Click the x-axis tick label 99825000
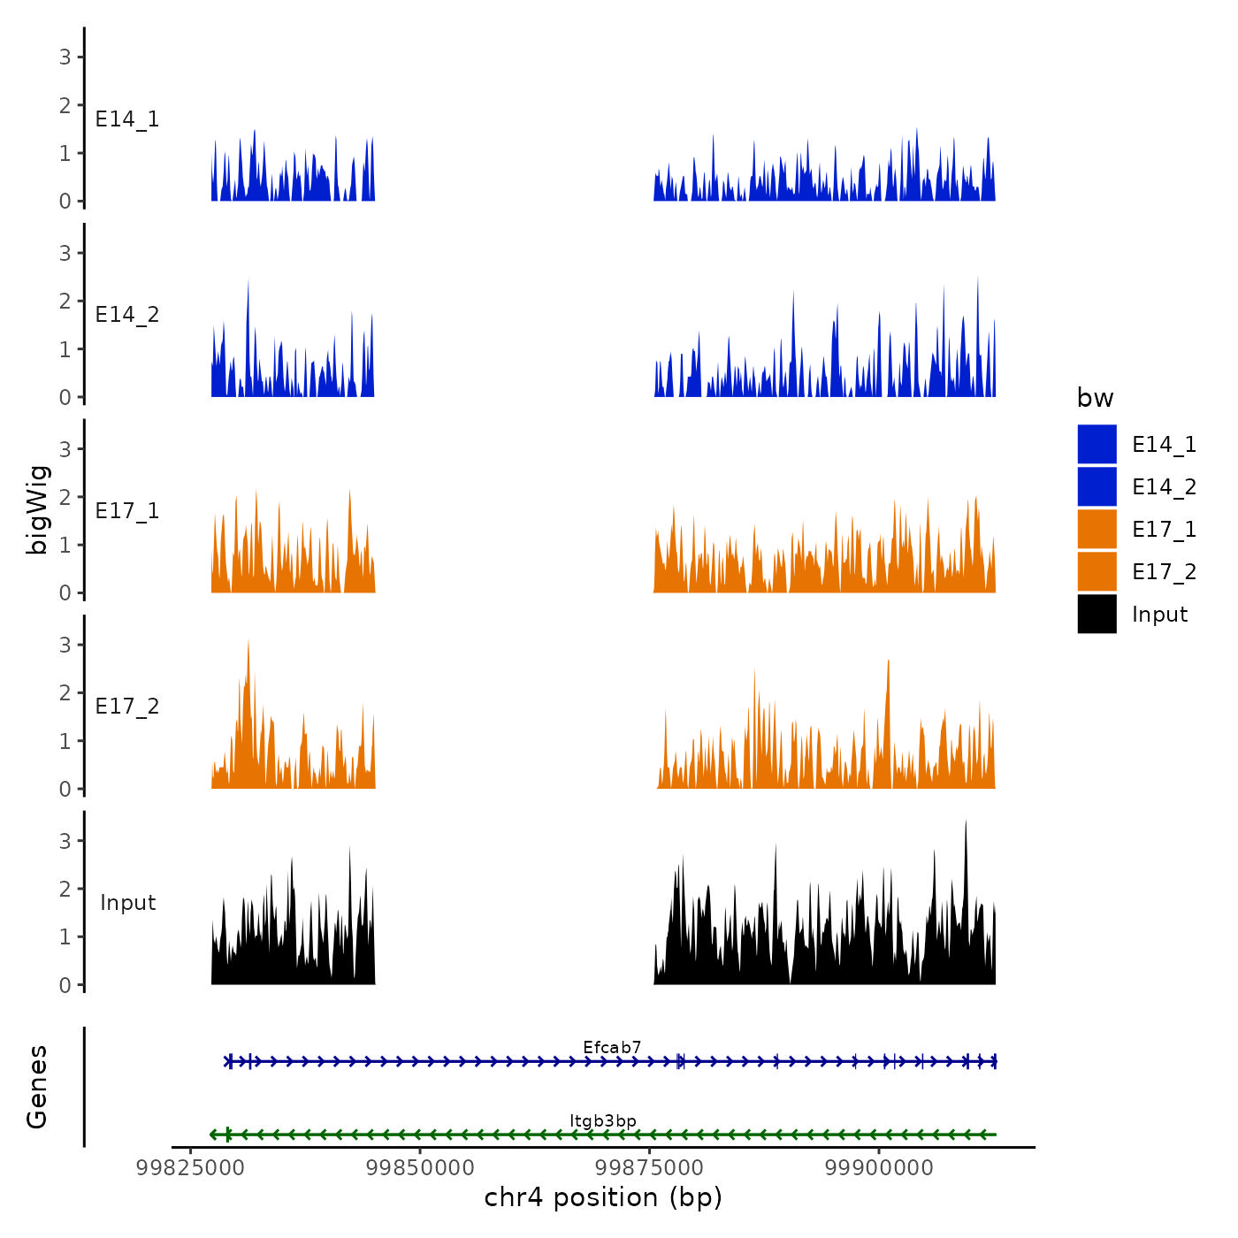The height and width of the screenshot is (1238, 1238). point(190,1168)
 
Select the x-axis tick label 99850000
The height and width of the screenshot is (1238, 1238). point(420,1168)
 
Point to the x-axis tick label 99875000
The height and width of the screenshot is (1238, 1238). point(650,1168)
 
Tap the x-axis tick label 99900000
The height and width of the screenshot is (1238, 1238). point(879,1168)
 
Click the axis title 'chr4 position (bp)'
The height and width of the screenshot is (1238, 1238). point(603,1198)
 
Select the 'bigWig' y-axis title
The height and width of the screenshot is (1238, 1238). point(37,509)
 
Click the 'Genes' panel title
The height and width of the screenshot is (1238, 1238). point(37,1087)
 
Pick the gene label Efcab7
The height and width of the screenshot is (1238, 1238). point(612,1048)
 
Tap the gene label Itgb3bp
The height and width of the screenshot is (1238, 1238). point(603,1121)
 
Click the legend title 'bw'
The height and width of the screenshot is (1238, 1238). point(1095,399)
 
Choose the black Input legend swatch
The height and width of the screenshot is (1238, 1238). point(1097,615)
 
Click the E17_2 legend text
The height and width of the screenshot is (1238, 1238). point(1164,572)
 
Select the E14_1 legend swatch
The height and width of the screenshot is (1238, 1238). point(1097,444)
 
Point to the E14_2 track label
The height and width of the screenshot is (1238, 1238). point(127,315)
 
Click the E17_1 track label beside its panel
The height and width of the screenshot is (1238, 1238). point(127,511)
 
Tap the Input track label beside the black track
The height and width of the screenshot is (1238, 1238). point(127,903)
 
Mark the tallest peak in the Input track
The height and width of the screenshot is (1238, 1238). point(966,822)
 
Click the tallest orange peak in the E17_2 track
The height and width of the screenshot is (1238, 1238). point(248,641)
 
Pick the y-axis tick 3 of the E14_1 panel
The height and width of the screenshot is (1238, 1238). point(65,57)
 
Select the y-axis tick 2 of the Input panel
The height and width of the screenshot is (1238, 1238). point(65,889)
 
